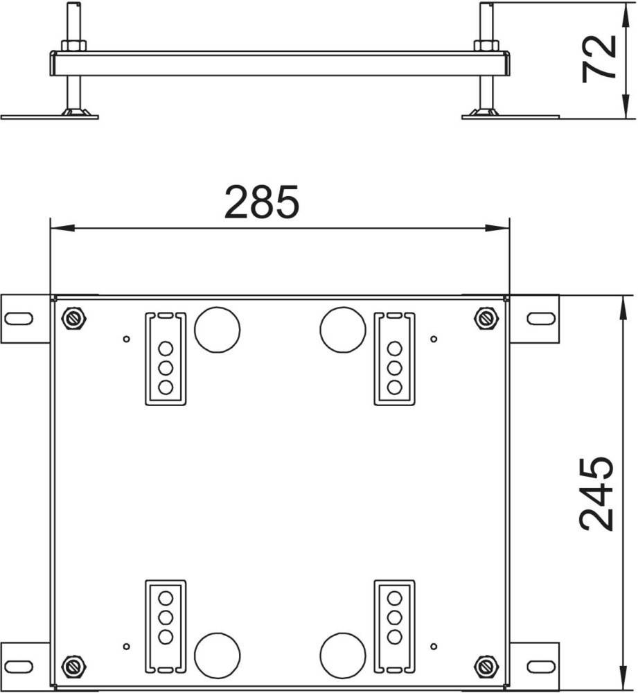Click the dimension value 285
coord(262,202)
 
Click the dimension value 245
coord(596,493)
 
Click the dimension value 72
coord(599,58)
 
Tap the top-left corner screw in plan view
coord(74,318)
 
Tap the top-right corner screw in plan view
coord(486,318)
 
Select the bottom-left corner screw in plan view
coord(74,665)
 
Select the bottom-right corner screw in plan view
coord(486,665)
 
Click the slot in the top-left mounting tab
coord(19,318)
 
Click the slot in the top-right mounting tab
coord(541,318)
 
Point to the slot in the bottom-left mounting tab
coord(19,666)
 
